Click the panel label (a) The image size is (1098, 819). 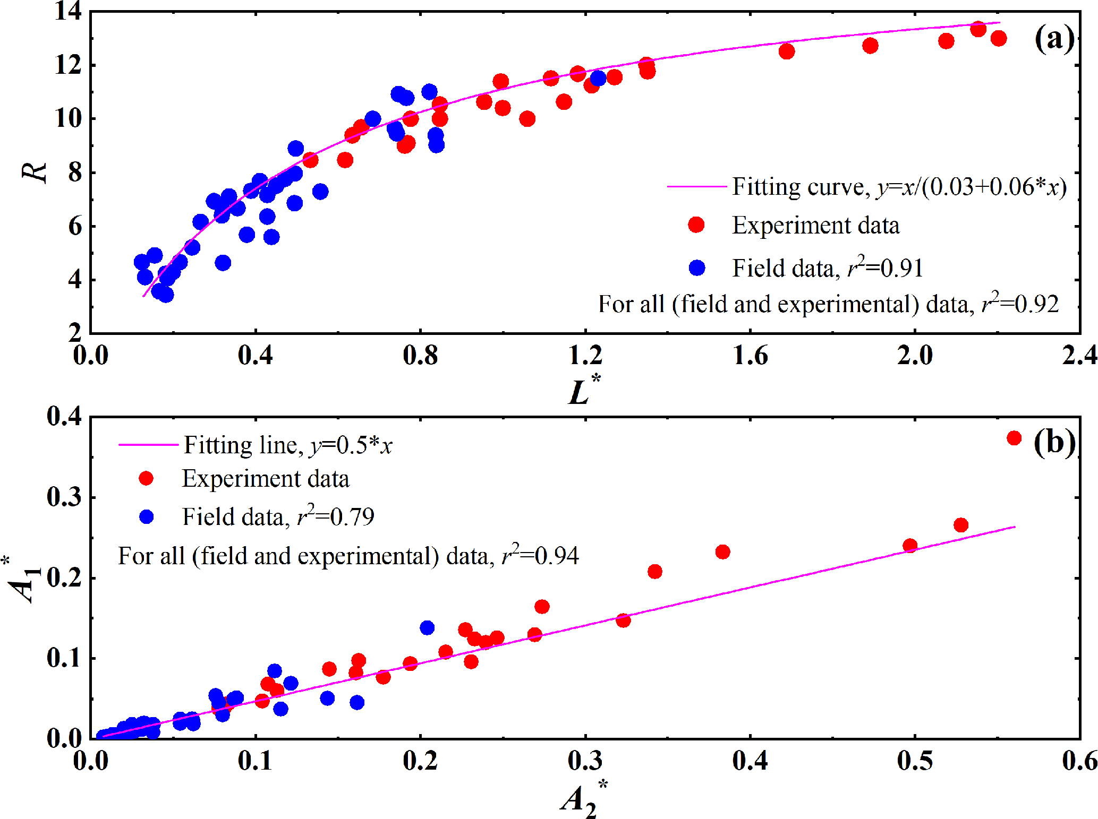pyautogui.click(x=1054, y=38)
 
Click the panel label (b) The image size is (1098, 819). pyautogui.click(x=1054, y=442)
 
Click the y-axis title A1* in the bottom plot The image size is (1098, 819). pyautogui.click(x=23, y=579)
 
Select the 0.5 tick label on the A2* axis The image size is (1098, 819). pyautogui.click(x=914, y=760)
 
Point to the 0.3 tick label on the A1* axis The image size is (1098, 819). pyautogui.click(x=64, y=497)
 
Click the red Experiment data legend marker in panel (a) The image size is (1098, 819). pyautogui.click(x=696, y=225)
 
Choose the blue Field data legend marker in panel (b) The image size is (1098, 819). pyautogui.click(x=146, y=517)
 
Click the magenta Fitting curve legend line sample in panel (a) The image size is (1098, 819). pyautogui.click(x=696, y=187)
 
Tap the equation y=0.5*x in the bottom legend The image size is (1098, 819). pyautogui.click(x=351, y=445)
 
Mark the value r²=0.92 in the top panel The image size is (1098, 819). pyautogui.click(x=1020, y=304)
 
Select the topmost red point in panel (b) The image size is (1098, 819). pyautogui.click(x=1014, y=438)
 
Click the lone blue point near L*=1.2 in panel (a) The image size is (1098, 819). pyautogui.click(x=598, y=79)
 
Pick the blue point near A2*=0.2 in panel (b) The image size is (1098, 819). pyautogui.click(x=427, y=628)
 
